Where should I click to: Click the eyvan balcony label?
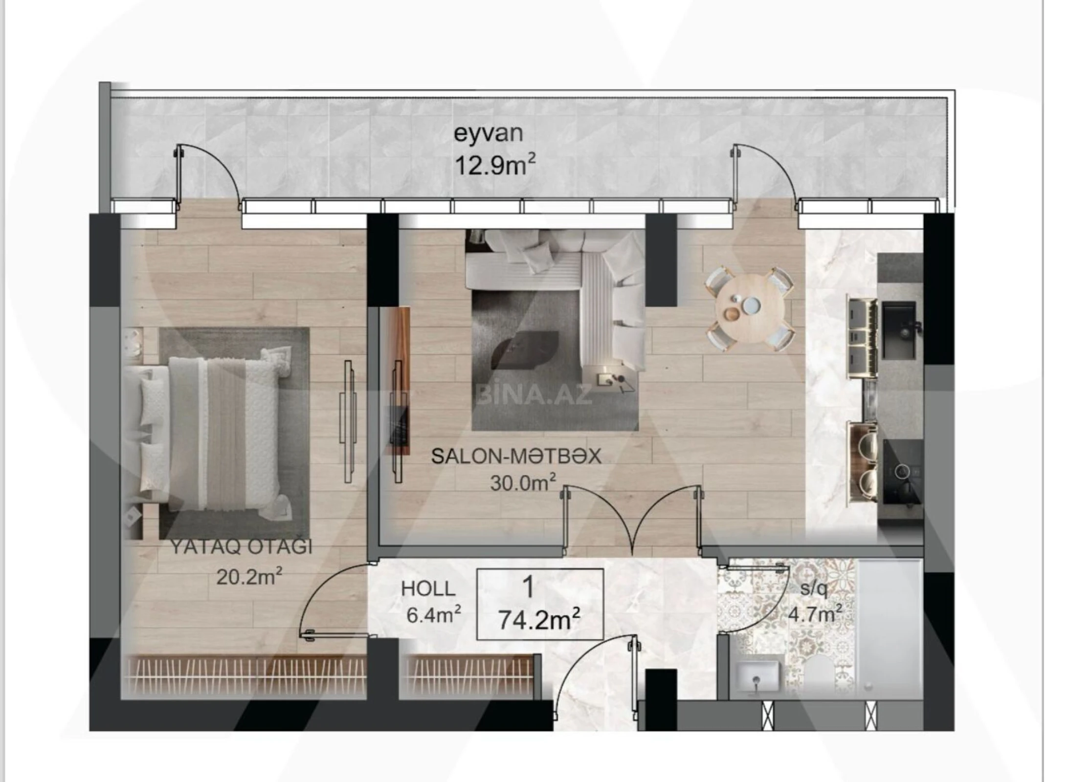click(488, 134)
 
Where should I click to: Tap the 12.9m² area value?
click(494, 165)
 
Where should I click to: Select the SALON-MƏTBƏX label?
click(516, 456)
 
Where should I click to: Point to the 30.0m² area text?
click(523, 483)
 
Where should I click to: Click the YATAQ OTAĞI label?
click(241, 546)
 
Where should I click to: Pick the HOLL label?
click(428, 589)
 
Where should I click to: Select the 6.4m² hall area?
click(434, 615)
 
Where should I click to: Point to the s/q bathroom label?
click(813, 589)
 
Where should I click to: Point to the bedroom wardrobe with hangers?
click(245, 676)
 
